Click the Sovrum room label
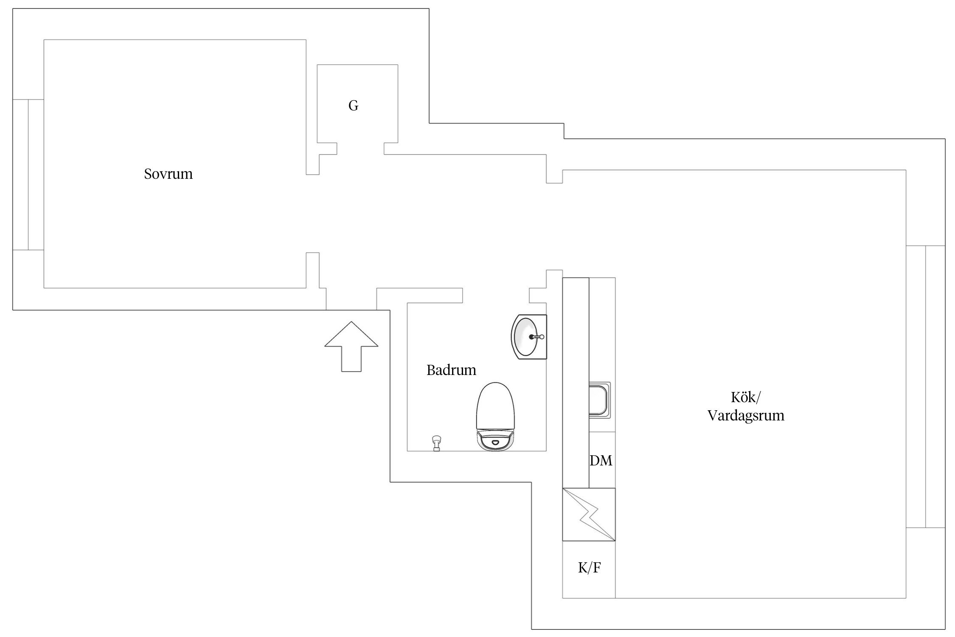pyautogui.click(x=168, y=174)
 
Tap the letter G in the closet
pyautogui.click(x=353, y=106)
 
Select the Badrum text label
pyautogui.click(x=451, y=370)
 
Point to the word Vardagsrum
pyautogui.click(x=746, y=416)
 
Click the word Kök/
pyautogui.click(x=746, y=397)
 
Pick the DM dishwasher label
pyautogui.click(x=601, y=461)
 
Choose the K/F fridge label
pyautogui.click(x=590, y=568)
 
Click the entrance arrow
pyautogui.click(x=351, y=347)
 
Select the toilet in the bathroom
pyautogui.click(x=496, y=417)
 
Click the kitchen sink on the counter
pyautogui.click(x=600, y=400)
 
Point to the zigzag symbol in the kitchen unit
pyautogui.click(x=589, y=515)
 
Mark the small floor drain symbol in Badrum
pyautogui.click(x=436, y=443)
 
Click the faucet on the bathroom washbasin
pyautogui.click(x=536, y=337)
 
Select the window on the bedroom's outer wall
pyautogui.click(x=28, y=175)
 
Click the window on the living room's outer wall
pyautogui.click(x=926, y=386)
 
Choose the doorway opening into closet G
pyautogui.click(x=360, y=149)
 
